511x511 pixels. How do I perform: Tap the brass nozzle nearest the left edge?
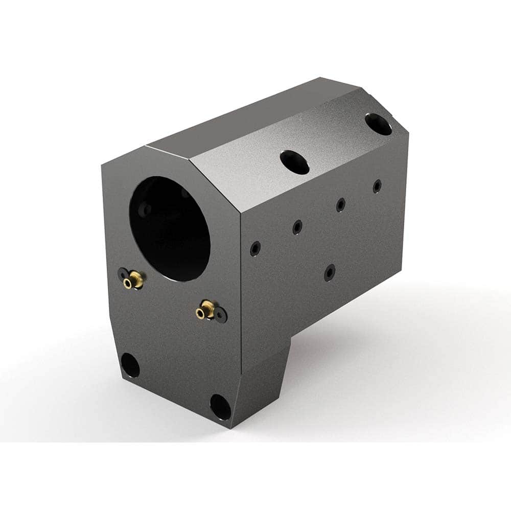[x=135, y=279]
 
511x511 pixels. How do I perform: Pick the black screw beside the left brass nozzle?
[x=123, y=274]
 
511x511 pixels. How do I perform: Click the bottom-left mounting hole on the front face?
[x=130, y=365]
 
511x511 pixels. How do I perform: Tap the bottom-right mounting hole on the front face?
[x=220, y=406]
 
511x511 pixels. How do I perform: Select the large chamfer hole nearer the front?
[x=295, y=161]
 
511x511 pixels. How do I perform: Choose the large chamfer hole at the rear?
[x=379, y=124]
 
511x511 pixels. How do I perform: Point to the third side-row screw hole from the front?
[x=340, y=205]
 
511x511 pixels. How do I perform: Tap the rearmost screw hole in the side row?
[x=377, y=186]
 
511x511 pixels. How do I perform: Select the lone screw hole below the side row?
[x=330, y=272]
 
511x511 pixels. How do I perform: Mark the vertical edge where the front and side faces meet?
[x=241, y=307]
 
